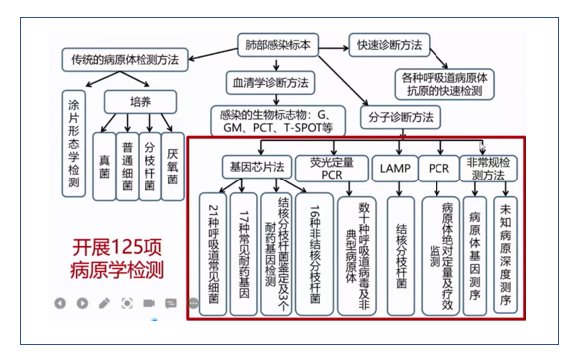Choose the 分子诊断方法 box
pos(404,117)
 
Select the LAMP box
pos(391,167)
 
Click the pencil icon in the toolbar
pos(105,302)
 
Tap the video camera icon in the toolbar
pos(148,302)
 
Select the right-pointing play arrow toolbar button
pos(83,302)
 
